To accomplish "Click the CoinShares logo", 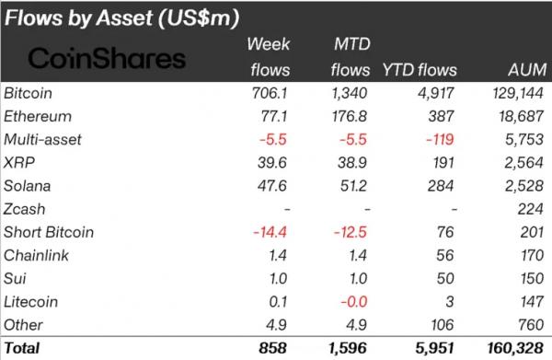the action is pos(107,58).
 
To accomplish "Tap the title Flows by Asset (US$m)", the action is pos(121,18).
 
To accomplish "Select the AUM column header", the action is pos(527,70).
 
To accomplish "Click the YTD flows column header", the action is pos(420,70).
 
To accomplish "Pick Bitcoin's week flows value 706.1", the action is pos(270,93).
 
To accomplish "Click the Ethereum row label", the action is pos(38,117).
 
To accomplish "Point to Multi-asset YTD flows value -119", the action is pos(440,140).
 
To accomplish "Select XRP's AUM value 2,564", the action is pos(523,163).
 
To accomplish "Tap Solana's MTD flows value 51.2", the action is pos(353,186).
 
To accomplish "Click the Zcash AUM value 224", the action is pos(531,209).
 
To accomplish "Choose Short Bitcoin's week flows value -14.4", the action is pos(270,233).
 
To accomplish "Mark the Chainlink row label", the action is pos(36,255).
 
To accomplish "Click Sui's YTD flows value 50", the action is pos(445,279).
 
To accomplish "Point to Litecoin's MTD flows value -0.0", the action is pos(354,302).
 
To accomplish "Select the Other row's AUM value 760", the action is pos(531,325).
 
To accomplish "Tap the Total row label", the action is pos(22,348).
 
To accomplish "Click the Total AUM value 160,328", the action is pos(515,348).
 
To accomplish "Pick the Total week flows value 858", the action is pos(273,348).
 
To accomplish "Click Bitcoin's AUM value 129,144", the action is pos(518,93).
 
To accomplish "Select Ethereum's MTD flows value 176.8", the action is pos(350,117).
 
